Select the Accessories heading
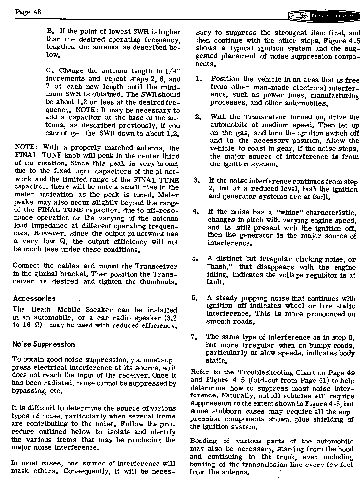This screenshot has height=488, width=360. click(x=34, y=298)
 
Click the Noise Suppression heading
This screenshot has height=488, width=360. click(x=44, y=344)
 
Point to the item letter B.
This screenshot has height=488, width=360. click(x=49, y=30)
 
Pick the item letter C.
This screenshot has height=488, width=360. click(x=49, y=70)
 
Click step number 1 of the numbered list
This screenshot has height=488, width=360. click(x=197, y=79)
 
